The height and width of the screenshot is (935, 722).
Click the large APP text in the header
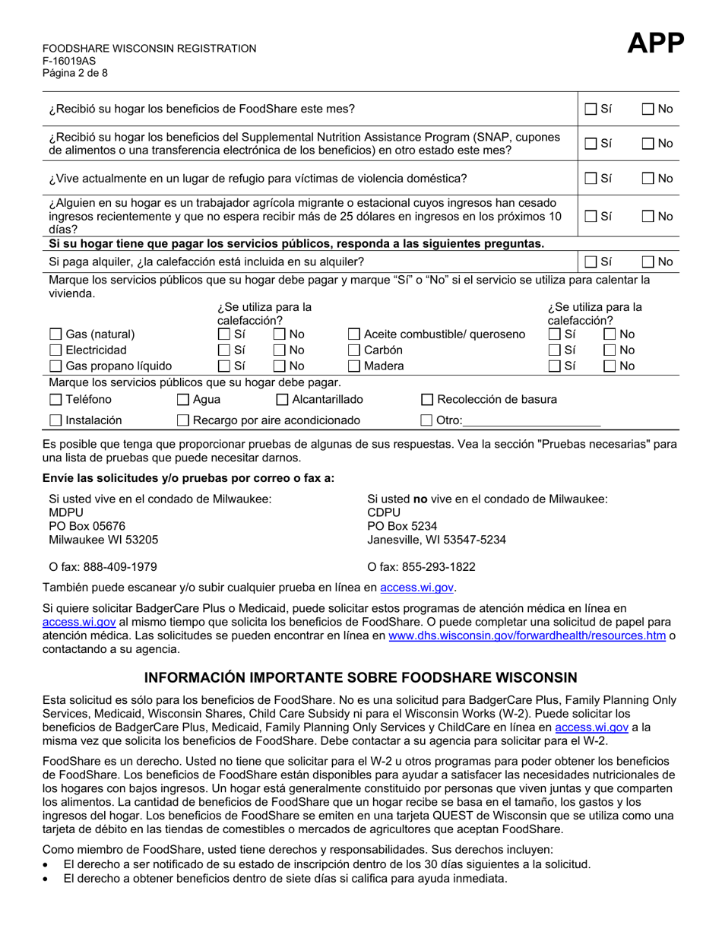click(x=656, y=45)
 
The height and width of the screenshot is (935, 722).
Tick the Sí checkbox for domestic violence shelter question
click(x=591, y=179)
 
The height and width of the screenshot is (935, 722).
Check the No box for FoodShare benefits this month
click(x=648, y=109)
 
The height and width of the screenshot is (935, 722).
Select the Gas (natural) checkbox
click(x=55, y=334)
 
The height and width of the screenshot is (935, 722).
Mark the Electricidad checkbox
click(x=55, y=350)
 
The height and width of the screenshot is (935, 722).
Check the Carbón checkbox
click(x=354, y=350)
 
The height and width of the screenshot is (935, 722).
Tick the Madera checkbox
click(x=354, y=366)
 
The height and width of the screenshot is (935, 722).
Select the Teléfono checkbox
click(x=55, y=400)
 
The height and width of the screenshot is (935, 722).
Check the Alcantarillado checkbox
click(x=282, y=400)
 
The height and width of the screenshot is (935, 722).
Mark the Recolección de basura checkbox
click(x=427, y=400)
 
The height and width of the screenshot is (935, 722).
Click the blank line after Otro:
click(x=531, y=420)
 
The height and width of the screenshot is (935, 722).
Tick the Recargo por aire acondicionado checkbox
click(x=183, y=420)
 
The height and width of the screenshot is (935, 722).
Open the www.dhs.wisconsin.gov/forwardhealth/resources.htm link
click(x=527, y=636)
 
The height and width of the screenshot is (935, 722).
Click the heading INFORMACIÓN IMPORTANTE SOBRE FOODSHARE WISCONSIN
click(x=361, y=677)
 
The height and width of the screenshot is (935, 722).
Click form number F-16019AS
click(x=69, y=61)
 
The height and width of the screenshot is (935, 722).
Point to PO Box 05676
click(x=87, y=526)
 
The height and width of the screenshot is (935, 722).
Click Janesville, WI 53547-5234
click(x=436, y=540)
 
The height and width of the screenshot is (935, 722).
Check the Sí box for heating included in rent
click(x=591, y=262)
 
